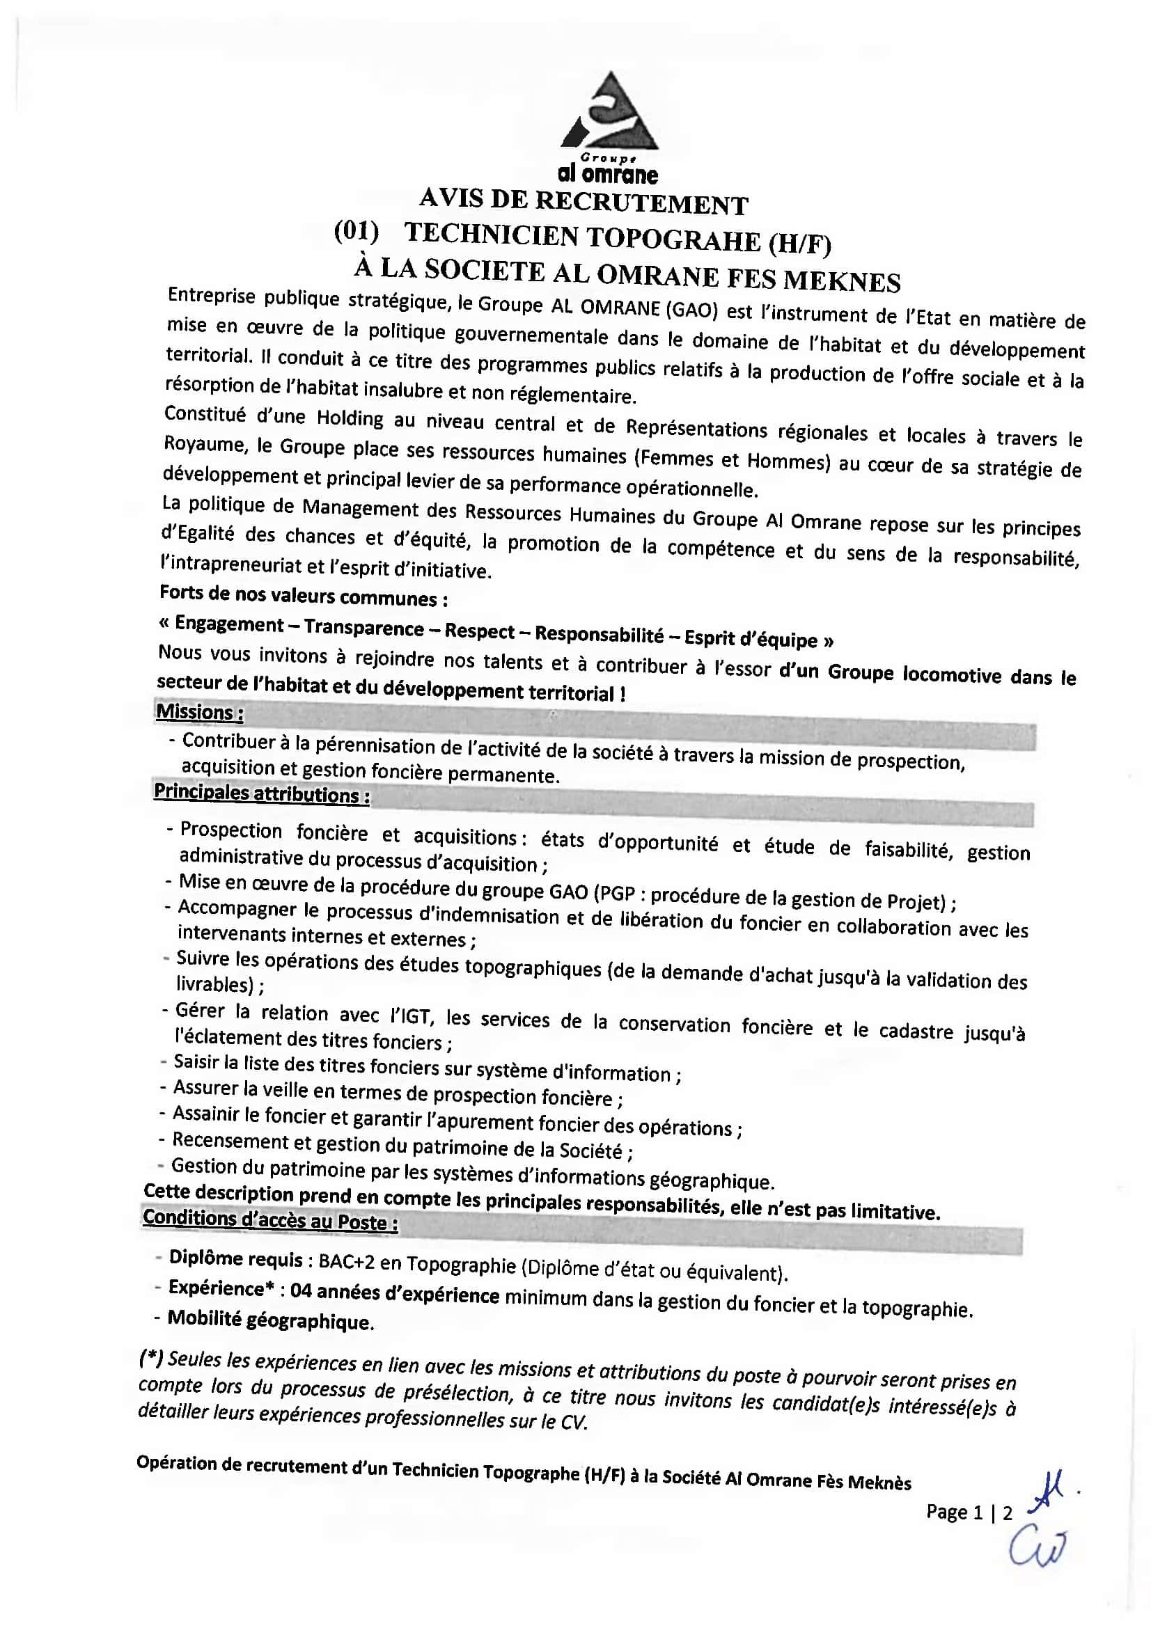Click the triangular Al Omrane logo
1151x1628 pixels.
(609, 113)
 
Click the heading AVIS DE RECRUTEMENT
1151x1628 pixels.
(583, 201)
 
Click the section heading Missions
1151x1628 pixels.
(199, 712)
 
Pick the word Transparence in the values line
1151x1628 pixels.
(363, 628)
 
